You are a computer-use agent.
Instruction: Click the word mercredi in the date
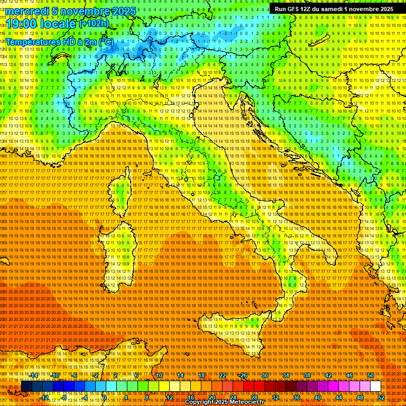(x=27, y=11)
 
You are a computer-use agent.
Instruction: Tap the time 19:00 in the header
(x=20, y=24)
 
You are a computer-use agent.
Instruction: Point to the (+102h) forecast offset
(x=94, y=23)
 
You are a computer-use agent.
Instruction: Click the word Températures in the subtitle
(x=33, y=42)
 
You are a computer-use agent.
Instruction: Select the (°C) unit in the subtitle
(x=106, y=42)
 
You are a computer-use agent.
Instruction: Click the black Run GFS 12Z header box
(x=334, y=9)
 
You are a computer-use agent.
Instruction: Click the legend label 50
(x=371, y=375)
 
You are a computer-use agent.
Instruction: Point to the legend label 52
(x=381, y=397)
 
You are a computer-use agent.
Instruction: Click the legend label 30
(x=265, y=375)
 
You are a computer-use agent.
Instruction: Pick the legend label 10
(x=159, y=375)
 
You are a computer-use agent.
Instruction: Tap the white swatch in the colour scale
(x=375, y=386)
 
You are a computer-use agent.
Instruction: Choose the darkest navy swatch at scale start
(x=26, y=386)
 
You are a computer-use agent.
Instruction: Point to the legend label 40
(x=318, y=397)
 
